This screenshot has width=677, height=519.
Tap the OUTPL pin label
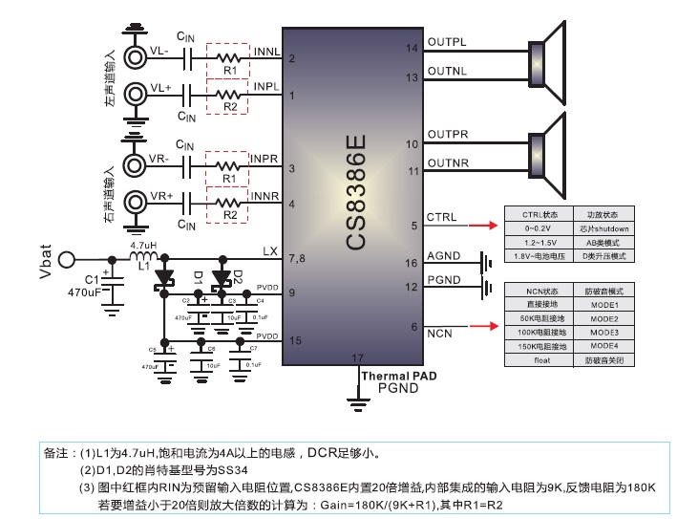point(447,42)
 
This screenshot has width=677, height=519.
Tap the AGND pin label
point(445,255)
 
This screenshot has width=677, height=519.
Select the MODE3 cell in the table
point(603,331)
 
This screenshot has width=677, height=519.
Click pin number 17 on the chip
point(358,358)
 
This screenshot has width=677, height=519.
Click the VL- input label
point(159,50)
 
